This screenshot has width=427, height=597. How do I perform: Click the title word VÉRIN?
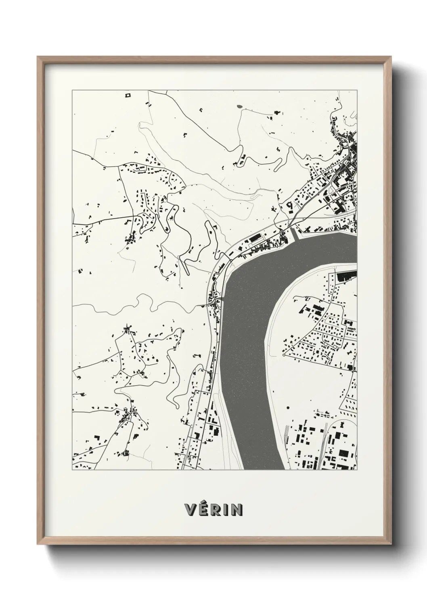click(213, 509)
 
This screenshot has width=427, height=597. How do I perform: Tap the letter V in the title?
click(190, 509)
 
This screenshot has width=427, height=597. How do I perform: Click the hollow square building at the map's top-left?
click(128, 95)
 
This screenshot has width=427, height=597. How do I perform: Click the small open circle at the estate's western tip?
click(284, 355)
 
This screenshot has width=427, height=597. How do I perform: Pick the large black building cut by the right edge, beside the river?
click(346, 276)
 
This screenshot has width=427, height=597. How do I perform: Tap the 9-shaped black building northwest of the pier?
click(289, 205)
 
